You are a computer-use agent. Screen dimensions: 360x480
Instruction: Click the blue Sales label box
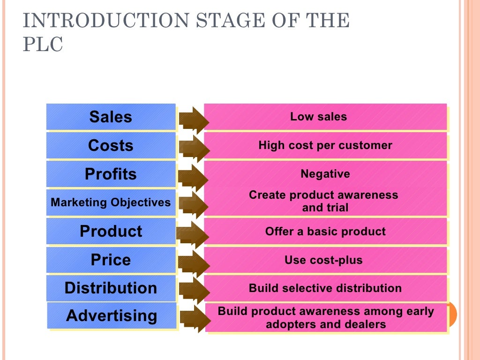pyautogui.click(x=111, y=117)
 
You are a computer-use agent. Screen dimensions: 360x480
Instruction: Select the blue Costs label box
pyautogui.click(x=111, y=145)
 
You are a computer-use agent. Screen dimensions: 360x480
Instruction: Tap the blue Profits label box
pyautogui.click(x=111, y=174)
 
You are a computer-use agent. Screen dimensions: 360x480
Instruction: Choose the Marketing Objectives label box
pyautogui.click(x=111, y=202)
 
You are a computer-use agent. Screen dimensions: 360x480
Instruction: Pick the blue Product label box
pyautogui.click(x=111, y=231)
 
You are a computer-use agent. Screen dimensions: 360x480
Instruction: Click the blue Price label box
pyautogui.click(x=111, y=260)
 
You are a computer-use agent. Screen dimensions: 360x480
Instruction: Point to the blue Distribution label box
pyautogui.click(x=111, y=288)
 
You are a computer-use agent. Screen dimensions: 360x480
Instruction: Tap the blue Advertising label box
pyautogui.click(x=112, y=315)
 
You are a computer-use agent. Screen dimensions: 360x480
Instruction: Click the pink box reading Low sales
pyautogui.click(x=325, y=117)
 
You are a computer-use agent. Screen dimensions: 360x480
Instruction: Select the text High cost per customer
pyautogui.click(x=325, y=145)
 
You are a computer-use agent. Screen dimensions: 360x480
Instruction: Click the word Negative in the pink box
pyautogui.click(x=325, y=174)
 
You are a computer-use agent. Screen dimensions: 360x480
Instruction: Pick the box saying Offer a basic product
pyautogui.click(x=325, y=231)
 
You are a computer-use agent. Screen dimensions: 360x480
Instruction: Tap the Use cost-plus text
pyautogui.click(x=323, y=260)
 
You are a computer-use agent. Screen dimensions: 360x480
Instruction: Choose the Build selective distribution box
pyautogui.click(x=325, y=288)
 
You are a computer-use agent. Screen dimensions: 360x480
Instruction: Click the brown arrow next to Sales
pyautogui.click(x=193, y=120)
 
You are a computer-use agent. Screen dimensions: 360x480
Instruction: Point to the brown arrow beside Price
pyautogui.click(x=193, y=262)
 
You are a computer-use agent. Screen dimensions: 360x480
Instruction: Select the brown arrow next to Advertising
pyautogui.click(x=194, y=318)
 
